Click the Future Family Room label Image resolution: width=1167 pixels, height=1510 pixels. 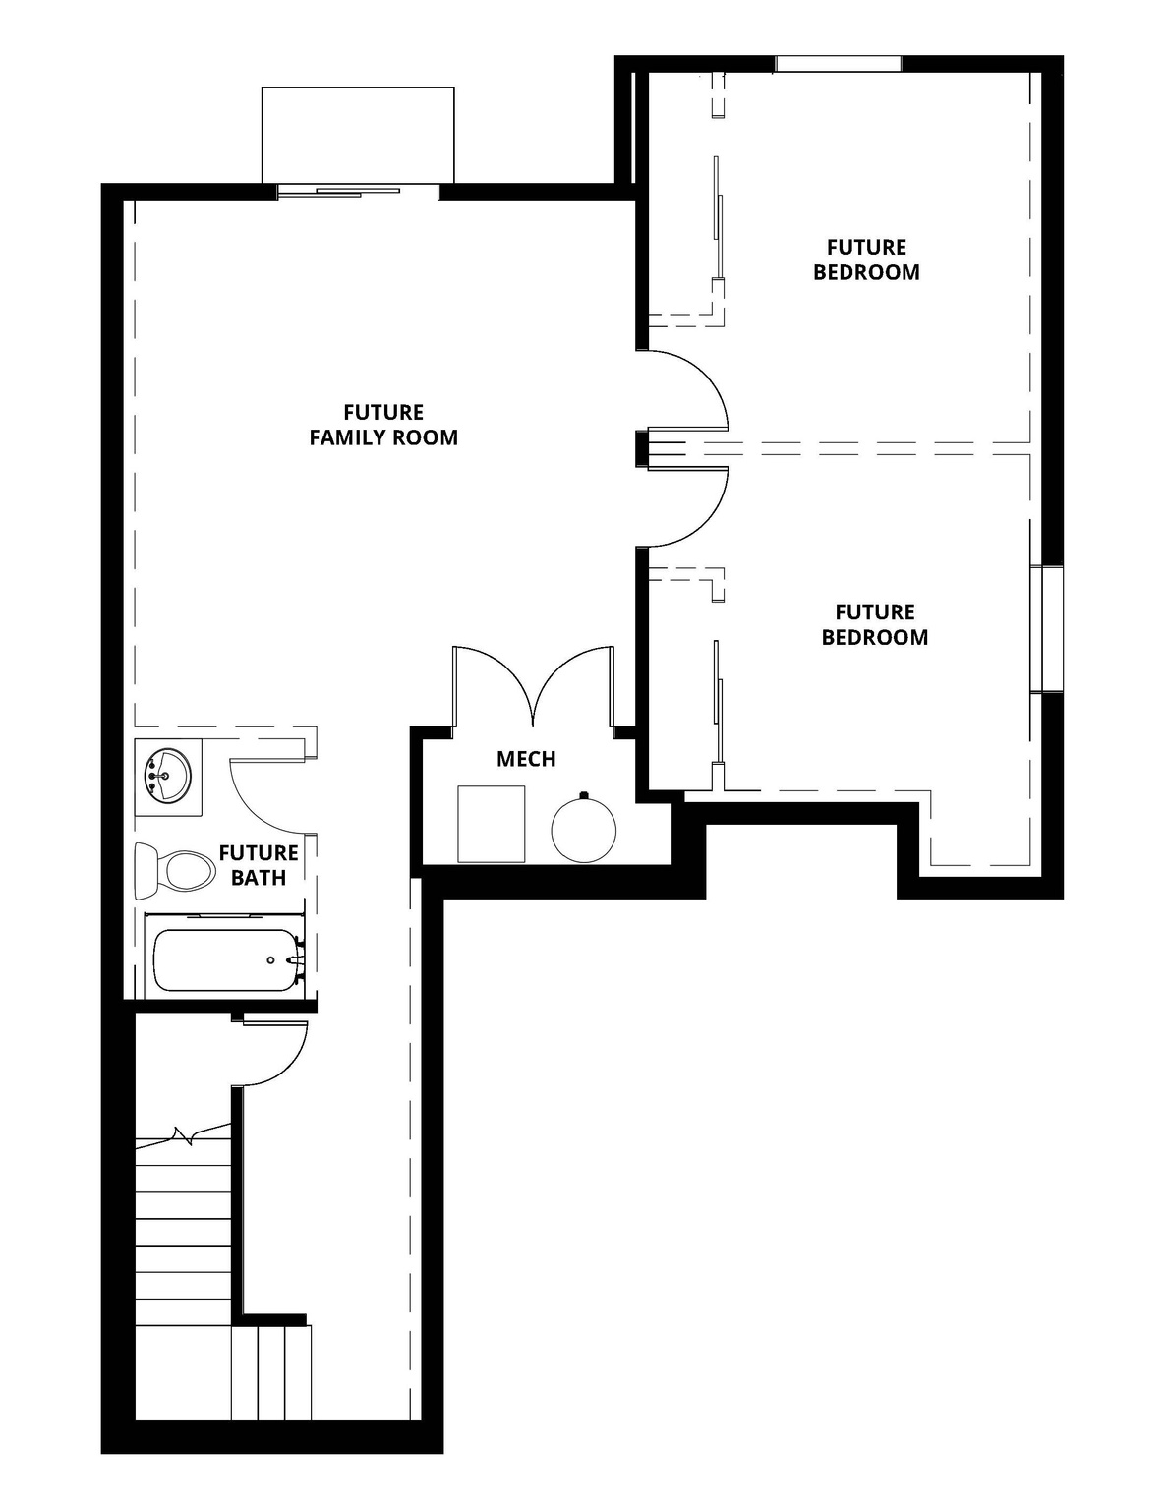[383, 425]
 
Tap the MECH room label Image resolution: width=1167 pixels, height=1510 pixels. [526, 759]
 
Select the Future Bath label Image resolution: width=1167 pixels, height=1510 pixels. [259, 865]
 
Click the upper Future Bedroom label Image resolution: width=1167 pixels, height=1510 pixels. [866, 260]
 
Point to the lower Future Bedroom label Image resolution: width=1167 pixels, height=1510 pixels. [874, 624]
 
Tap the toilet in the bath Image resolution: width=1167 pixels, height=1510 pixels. [175, 870]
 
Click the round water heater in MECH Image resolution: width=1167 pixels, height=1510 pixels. [583, 829]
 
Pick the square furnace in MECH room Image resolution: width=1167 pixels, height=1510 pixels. [491, 824]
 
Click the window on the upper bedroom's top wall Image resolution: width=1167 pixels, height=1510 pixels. [838, 64]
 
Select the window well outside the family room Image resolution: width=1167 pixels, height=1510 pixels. [358, 135]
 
